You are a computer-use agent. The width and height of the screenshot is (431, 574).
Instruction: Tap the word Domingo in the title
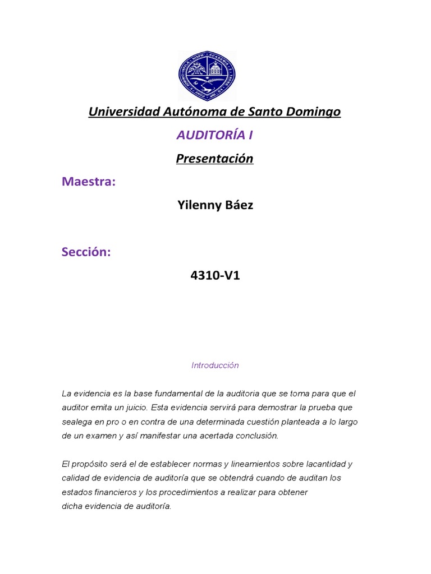(311, 112)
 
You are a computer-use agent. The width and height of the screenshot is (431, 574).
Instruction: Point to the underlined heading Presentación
(214, 159)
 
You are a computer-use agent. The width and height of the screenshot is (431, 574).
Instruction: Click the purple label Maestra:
(89, 182)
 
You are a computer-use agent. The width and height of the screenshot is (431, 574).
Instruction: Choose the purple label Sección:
(86, 252)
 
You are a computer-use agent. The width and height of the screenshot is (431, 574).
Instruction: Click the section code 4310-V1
(215, 276)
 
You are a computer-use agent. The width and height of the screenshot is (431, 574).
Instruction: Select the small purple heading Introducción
(215, 365)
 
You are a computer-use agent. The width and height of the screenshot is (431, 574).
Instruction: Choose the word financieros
(114, 492)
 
